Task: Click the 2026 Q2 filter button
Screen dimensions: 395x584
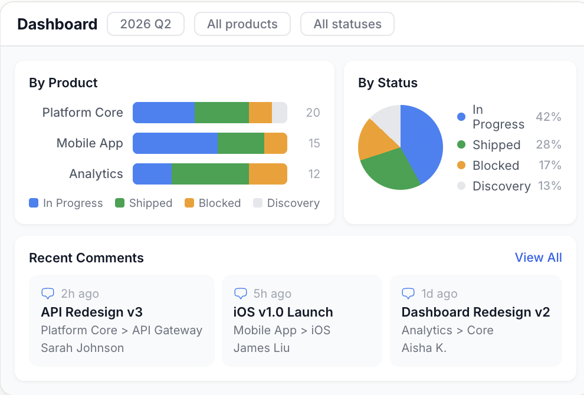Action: click(145, 24)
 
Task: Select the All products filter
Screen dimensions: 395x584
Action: click(242, 24)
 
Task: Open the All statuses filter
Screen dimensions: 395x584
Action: click(347, 24)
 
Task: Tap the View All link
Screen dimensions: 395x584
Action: click(538, 258)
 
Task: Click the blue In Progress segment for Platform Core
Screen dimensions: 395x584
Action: click(163, 113)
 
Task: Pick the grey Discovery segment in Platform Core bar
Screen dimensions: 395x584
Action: click(279, 113)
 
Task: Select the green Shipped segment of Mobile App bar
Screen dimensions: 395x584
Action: click(241, 143)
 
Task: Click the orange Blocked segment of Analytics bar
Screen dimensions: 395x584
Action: click(268, 174)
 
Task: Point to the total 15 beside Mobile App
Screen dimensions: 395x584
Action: click(314, 143)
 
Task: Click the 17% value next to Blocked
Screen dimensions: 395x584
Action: click(550, 165)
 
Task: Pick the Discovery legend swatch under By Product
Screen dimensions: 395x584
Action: click(258, 203)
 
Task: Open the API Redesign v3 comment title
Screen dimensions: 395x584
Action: click(91, 312)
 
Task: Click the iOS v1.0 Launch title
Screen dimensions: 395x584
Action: click(283, 312)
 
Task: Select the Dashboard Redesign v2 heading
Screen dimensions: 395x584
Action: click(475, 312)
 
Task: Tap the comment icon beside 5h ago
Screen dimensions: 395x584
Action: click(241, 294)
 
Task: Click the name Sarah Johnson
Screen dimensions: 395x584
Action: click(82, 348)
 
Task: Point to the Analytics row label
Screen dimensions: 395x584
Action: click(96, 174)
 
